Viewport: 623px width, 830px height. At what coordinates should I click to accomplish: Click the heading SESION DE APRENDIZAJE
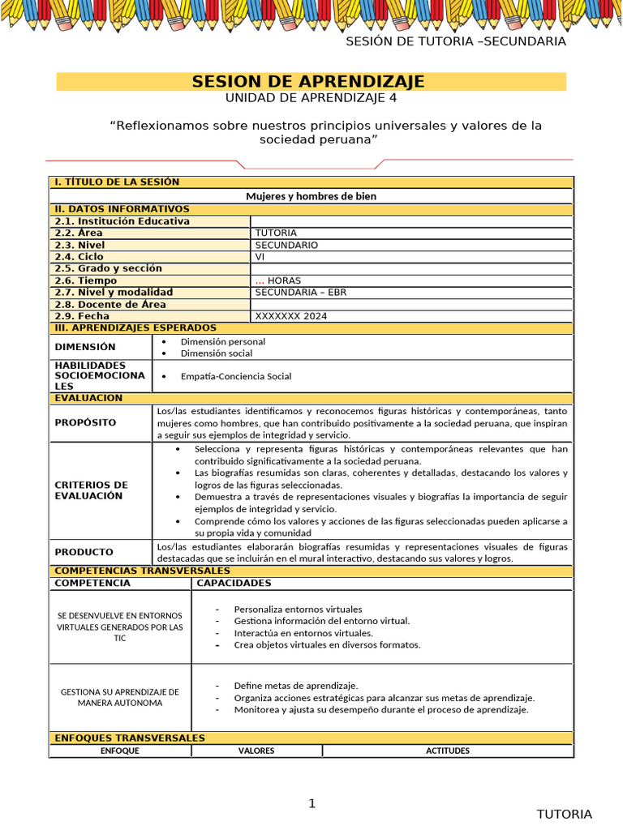pyautogui.click(x=307, y=82)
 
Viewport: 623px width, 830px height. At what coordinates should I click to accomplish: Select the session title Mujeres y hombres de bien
pyautogui.click(x=311, y=196)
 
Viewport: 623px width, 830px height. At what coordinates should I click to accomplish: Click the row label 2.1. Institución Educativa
pyautogui.click(x=122, y=221)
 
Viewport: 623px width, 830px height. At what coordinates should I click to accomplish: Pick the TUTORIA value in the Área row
pyautogui.click(x=276, y=233)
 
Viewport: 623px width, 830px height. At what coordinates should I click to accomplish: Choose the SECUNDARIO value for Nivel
pyautogui.click(x=286, y=245)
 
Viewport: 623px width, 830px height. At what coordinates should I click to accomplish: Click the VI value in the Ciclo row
pyautogui.click(x=260, y=257)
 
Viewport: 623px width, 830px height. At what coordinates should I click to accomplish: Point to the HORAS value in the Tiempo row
pyautogui.click(x=283, y=280)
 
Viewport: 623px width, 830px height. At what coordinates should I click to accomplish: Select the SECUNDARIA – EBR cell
pyautogui.click(x=300, y=293)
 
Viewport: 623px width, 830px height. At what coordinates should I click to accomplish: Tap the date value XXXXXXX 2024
pyautogui.click(x=290, y=316)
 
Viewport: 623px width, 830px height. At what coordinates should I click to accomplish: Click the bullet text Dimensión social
pyautogui.click(x=216, y=353)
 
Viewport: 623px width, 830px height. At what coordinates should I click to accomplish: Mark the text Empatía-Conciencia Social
pyautogui.click(x=235, y=376)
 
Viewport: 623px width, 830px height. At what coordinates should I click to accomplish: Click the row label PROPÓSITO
pyautogui.click(x=85, y=422)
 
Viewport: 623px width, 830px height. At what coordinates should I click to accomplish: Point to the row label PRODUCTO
pyautogui.click(x=84, y=552)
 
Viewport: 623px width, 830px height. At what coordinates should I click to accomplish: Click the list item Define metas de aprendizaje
pyautogui.click(x=295, y=685)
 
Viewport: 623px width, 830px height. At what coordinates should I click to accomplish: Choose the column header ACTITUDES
pyautogui.click(x=448, y=751)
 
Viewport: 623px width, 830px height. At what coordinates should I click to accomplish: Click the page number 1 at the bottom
pyautogui.click(x=311, y=803)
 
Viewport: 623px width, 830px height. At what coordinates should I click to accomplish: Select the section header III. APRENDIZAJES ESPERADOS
pyautogui.click(x=135, y=327)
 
